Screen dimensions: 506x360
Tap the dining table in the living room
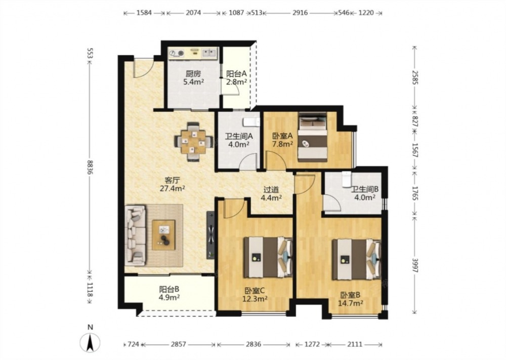(193, 141)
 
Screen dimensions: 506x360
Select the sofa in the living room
(135, 235)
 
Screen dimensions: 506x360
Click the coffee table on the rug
(163, 235)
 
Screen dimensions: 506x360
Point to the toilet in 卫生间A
(251, 122)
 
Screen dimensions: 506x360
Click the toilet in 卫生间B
(346, 179)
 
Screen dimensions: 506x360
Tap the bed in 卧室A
(312, 137)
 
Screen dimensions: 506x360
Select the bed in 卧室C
(268, 257)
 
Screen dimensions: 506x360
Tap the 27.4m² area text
(173, 188)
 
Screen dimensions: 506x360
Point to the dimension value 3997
(415, 265)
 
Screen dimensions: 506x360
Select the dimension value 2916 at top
(300, 13)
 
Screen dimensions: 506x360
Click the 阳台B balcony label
(169, 289)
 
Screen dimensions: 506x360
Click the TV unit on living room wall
(210, 235)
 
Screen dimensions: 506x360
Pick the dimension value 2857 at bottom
(179, 344)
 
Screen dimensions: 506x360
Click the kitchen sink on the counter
(209, 53)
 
